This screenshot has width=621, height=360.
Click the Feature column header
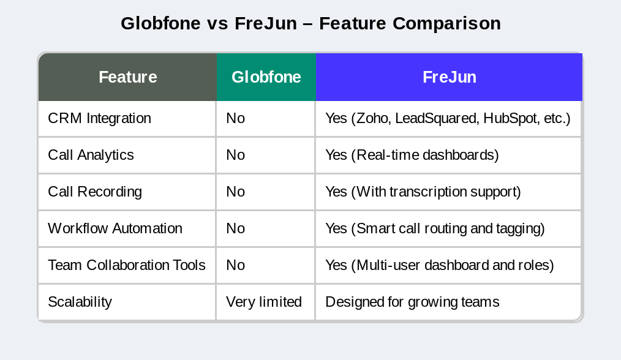(127, 77)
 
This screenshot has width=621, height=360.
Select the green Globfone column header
(266, 77)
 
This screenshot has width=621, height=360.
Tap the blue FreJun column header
(449, 77)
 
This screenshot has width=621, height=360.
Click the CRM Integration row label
(99, 118)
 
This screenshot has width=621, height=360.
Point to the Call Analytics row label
(91, 155)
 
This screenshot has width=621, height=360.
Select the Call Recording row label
(95, 192)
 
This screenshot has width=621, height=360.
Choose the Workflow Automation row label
(115, 228)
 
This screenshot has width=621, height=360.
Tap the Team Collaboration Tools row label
(127, 265)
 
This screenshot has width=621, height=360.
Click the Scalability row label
(80, 302)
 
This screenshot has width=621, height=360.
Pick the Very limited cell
(264, 302)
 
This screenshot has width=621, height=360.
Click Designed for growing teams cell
(412, 302)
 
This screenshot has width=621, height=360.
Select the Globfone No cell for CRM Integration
(236, 118)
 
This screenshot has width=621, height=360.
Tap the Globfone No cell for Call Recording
(236, 192)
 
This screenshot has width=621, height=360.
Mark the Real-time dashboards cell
(412, 155)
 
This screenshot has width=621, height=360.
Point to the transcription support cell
(423, 192)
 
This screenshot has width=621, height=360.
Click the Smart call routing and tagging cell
(435, 228)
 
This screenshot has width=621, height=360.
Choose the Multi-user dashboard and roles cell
(440, 265)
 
